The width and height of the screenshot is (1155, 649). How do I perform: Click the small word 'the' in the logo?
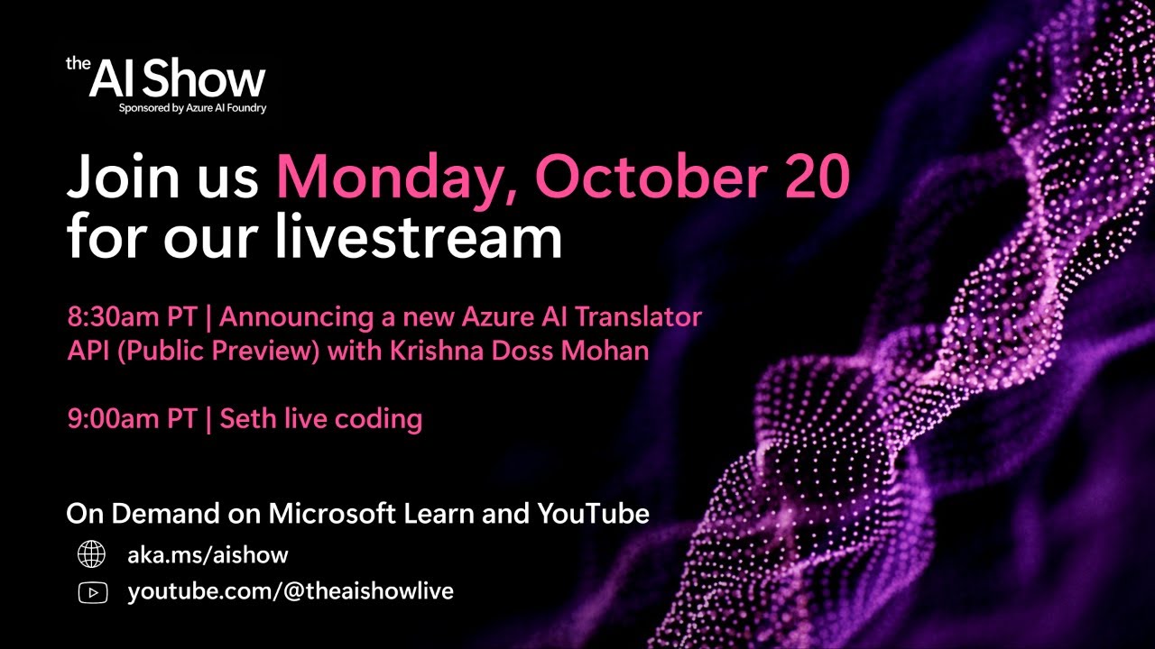pos(77,63)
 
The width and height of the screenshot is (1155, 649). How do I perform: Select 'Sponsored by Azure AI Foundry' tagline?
pos(192,108)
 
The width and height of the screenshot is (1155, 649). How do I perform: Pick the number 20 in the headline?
pos(818,177)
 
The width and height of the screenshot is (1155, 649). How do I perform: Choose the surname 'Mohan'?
pos(606,351)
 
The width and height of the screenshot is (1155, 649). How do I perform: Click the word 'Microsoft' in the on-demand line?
pos(332,514)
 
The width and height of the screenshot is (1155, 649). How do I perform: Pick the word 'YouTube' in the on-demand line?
pos(594,514)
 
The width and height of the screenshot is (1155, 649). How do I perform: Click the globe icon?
pos(91,555)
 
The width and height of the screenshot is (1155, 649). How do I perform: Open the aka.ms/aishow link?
pos(208,555)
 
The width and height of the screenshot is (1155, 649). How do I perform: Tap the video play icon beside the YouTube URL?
pos(92,592)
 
